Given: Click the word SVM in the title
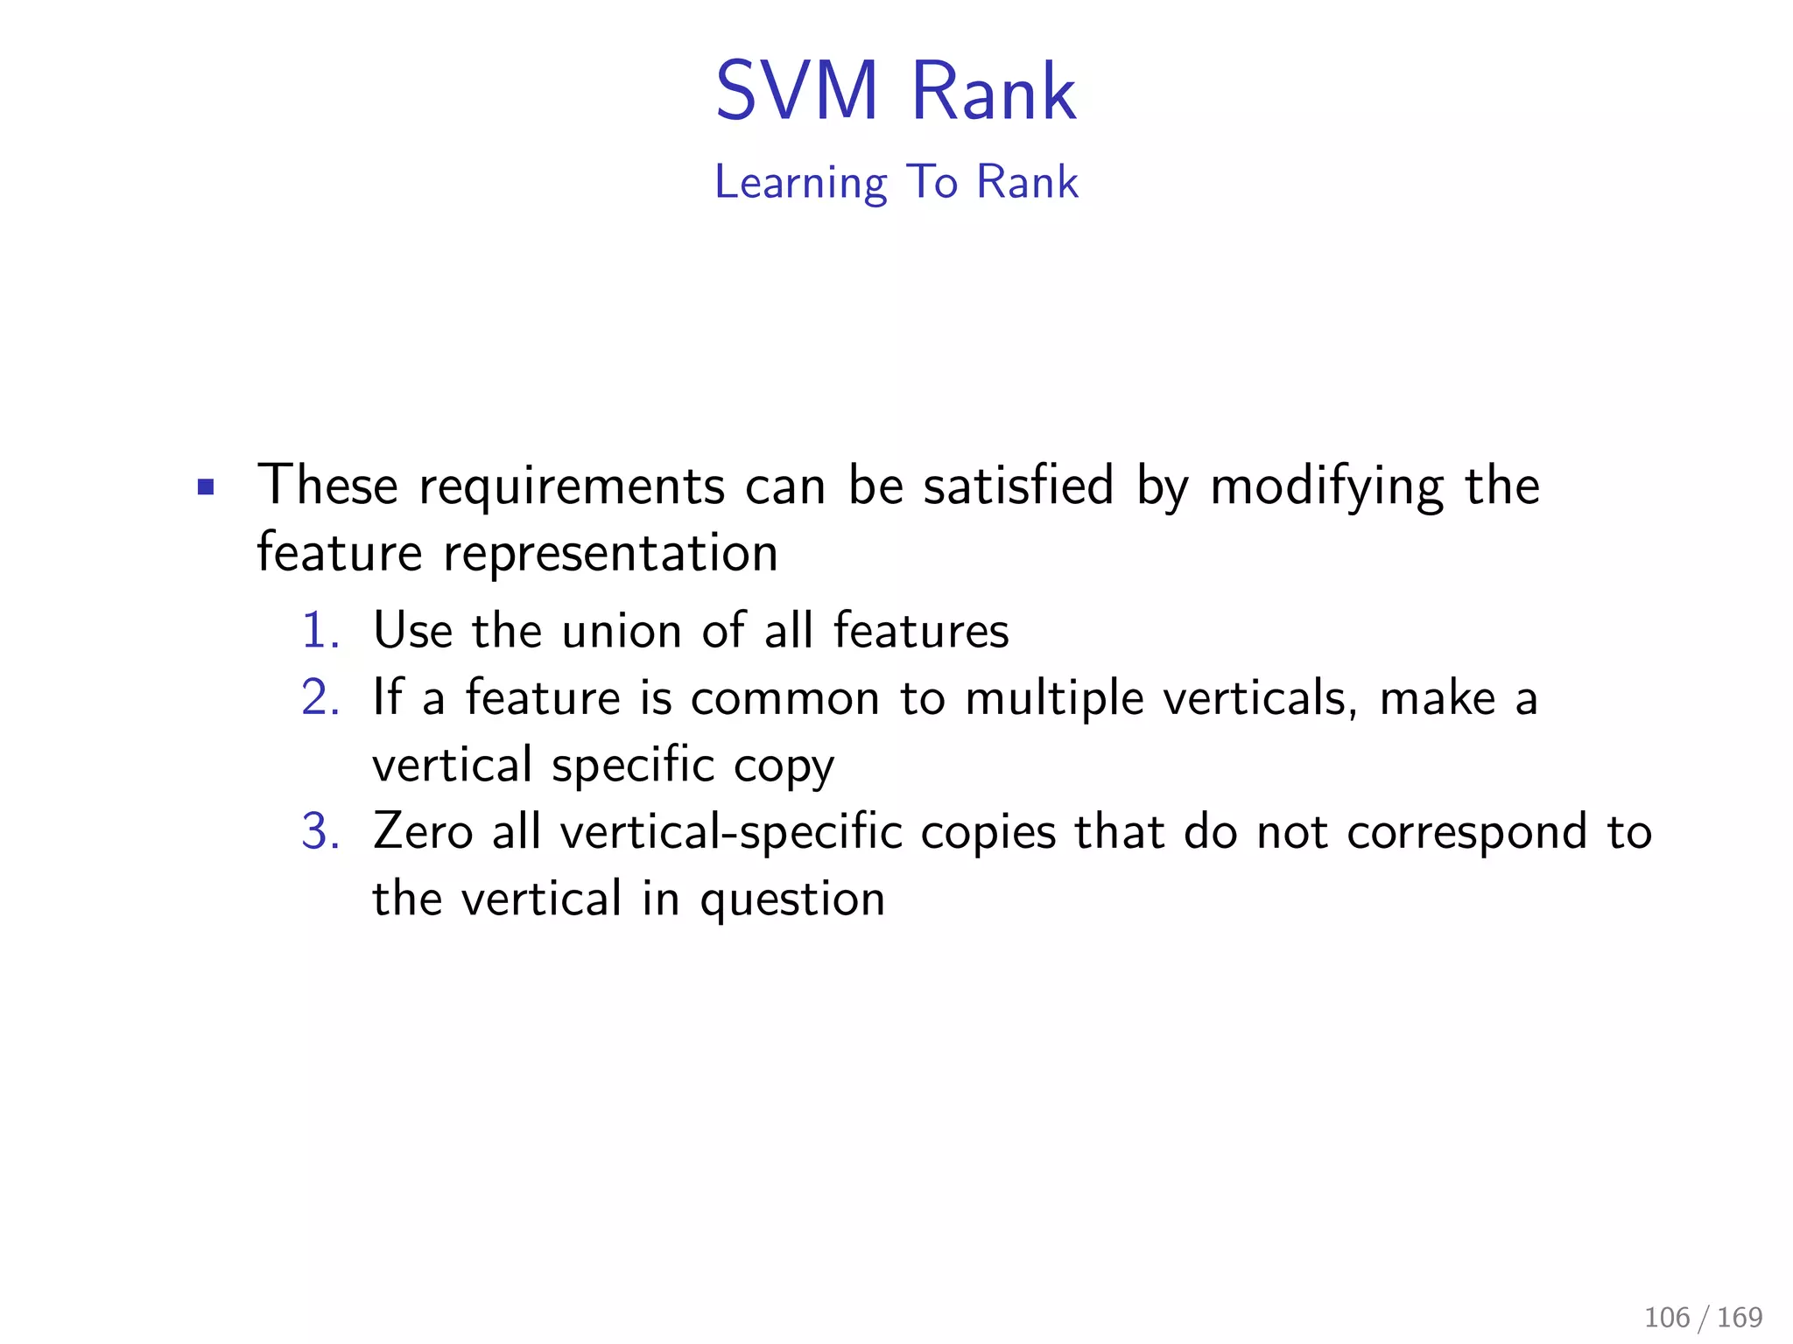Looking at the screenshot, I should point(796,91).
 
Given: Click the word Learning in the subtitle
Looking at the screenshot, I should point(800,183).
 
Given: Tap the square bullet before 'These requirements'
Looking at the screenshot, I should point(206,486).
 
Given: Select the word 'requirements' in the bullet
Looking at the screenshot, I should point(572,486).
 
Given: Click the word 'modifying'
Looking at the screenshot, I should point(1326,486).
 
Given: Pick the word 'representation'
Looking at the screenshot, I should point(610,553).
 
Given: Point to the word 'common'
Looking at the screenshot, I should point(784,698).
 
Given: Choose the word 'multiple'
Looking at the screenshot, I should point(1054,698).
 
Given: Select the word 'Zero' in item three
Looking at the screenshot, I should point(422,831).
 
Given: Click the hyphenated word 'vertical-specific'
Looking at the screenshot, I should point(731,831).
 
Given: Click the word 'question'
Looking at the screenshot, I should point(792,899).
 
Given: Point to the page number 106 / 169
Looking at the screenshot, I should point(1703,1317).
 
